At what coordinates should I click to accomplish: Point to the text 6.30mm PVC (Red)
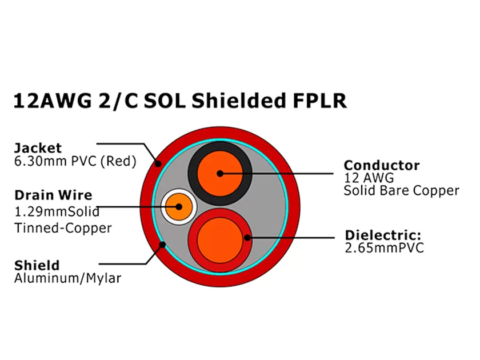tap(74, 162)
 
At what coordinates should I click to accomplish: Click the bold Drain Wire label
tap(53, 195)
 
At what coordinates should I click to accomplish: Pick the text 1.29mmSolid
tap(56, 212)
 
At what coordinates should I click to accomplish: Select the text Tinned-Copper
tap(63, 228)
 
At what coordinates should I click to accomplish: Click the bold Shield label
tap(37, 266)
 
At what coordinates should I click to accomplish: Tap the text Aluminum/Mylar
tap(67, 278)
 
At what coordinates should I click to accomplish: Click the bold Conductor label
tap(381, 166)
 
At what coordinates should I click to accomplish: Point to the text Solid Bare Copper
tap(401, 191)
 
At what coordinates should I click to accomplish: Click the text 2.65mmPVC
tap(384, 248)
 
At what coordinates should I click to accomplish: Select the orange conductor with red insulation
tap(221, 239)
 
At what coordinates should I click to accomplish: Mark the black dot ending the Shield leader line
tap(163, 245)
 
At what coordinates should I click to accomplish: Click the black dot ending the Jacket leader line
tap(158, 164)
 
